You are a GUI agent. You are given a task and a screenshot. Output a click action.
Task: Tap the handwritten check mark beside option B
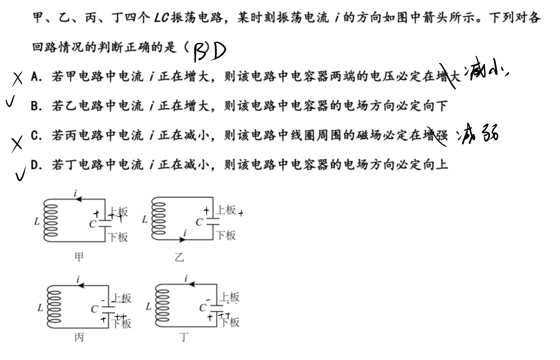pyautogui.click(x=10, y=101)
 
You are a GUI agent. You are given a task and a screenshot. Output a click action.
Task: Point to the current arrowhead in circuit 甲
pyautogui.click(x=78, y=199)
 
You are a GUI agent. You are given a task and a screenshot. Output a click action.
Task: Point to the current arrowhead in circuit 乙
pyautogui.click(x=183, y=240)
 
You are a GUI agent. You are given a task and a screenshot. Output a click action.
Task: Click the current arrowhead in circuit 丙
pyautogui.click(x=81, y=285)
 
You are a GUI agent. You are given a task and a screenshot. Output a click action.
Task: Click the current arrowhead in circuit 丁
pyautogui.click(x=192, y=284)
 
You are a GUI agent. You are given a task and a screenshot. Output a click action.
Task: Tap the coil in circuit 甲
pyautogui.click(x=50, y=220)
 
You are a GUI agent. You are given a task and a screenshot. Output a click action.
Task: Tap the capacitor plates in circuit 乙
pyautogui.click(x=213, y=221)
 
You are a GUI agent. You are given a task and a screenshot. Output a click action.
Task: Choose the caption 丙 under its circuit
pyautogui.click(x=79, y=338)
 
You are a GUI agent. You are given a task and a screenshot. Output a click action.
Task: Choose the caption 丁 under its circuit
pyautogui.click(x=184, y=337)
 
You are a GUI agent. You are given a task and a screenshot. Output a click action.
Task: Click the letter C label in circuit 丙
pyautogui.click(x=94, y=310)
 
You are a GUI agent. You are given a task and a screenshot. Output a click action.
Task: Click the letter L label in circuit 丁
pyautogui.click(x=149, y=306)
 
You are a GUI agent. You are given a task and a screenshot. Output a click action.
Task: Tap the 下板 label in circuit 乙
pyautogui.click(x=226, y=236)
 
